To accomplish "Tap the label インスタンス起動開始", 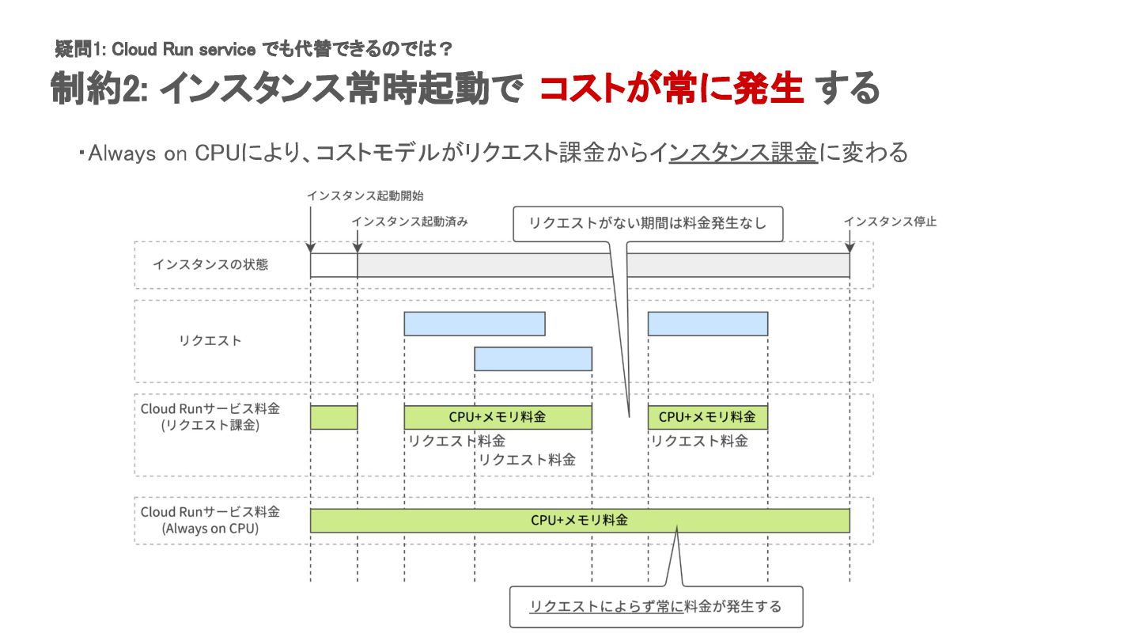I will click(360, 195).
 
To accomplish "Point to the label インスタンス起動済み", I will click(410, 222).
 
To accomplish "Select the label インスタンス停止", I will click(890, 222).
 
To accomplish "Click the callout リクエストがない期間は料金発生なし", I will click(648, 223).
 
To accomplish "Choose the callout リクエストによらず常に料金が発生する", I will click(655, 606).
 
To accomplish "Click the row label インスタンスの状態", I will click(210, 264).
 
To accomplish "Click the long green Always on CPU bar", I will click(580, 520).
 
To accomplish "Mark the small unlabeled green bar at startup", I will click(334, 417).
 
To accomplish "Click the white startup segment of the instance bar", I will click(334, 265).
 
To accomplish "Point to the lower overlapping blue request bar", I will click(533, 358).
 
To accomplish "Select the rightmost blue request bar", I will click(707, 324).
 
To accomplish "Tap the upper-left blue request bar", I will click(474, 324).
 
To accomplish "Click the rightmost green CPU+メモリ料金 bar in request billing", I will click(707, 417).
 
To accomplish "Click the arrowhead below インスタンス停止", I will click(850, 248).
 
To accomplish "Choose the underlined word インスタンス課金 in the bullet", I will click(743, 153).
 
